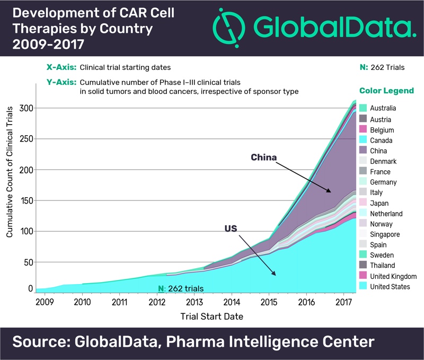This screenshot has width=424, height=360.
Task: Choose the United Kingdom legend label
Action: [393, 276]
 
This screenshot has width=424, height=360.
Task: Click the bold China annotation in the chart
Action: [264, 157]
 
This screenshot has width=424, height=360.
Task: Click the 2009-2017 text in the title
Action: [45, 45]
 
